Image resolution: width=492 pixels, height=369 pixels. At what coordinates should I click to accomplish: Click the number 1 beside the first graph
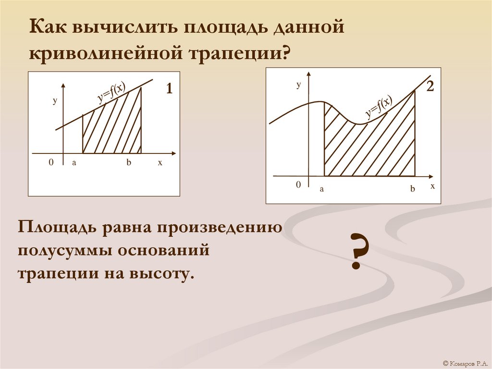point(169,89)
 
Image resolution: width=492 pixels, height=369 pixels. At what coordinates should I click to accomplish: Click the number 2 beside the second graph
point(430,87)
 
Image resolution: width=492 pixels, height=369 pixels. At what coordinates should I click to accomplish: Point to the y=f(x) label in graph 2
point(379,107)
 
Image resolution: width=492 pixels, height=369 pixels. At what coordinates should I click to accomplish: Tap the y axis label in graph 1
point(55,101)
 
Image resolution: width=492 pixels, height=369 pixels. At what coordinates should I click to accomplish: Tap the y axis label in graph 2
point(298,85)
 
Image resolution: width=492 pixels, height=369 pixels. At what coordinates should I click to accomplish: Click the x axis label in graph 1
point(160,163)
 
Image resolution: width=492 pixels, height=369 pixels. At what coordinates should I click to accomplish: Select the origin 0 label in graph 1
point(51,163)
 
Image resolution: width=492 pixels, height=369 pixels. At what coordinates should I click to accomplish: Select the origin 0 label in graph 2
point(298,185)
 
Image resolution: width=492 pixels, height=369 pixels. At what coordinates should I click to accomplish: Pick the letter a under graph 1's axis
point(74,163)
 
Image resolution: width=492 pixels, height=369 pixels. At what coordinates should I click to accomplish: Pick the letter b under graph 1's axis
point(129,163)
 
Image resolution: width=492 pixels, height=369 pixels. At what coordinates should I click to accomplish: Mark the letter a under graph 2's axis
point(322,189)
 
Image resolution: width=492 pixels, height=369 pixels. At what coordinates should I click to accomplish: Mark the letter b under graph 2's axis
point(412,189)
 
